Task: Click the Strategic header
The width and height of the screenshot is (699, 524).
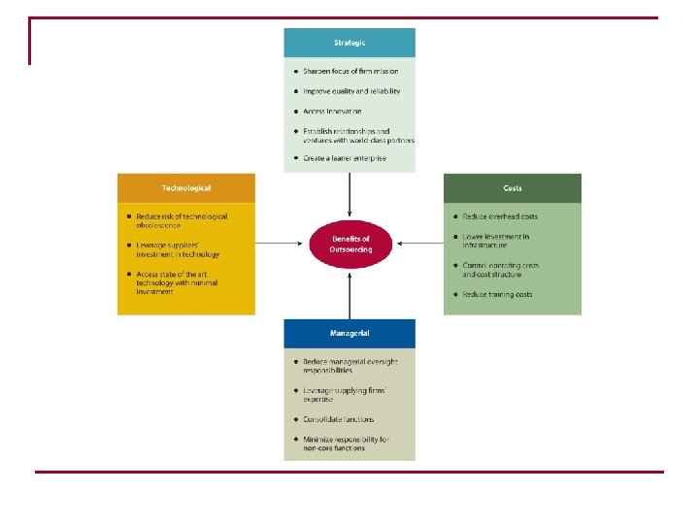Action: pos(349,43)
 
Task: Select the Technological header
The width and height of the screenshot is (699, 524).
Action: pos(186,187)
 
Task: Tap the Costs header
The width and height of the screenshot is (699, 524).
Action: pos(513,187)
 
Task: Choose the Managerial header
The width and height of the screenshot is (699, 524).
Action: pos(349,333)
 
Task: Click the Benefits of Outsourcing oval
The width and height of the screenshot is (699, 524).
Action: pos(350,244)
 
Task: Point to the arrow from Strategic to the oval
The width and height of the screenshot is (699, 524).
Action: pos(350,194)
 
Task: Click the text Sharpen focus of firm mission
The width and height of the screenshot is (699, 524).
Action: pos(350,71)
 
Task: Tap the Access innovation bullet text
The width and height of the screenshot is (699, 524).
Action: pos(333,112)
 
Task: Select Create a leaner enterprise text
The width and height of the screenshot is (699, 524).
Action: pos(345,157)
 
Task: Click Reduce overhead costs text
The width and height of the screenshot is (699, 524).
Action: pos(499,216)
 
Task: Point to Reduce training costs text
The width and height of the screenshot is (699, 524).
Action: pos(497,294)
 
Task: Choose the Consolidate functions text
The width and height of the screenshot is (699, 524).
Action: pos(338,419)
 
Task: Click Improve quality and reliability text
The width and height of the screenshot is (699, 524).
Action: pos(351,91)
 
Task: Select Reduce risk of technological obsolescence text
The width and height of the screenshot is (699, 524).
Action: pos(182,220)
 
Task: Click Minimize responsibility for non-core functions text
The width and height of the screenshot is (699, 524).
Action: pos(346,443)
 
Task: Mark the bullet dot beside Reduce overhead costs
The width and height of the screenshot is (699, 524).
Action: pos(454,216)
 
